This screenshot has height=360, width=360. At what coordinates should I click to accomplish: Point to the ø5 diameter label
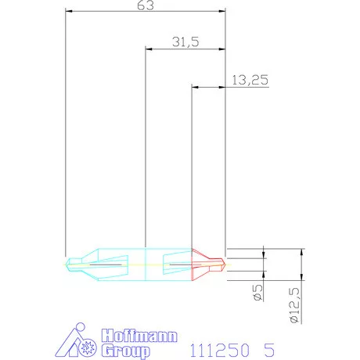click(x=257, y=293)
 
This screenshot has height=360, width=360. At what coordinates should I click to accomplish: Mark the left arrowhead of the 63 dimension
click(x=69, y=12)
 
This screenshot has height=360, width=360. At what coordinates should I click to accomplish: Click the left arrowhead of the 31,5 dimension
click(x=149, y=49)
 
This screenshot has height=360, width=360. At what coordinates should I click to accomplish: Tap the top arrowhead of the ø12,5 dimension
click(x=301, y=252)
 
